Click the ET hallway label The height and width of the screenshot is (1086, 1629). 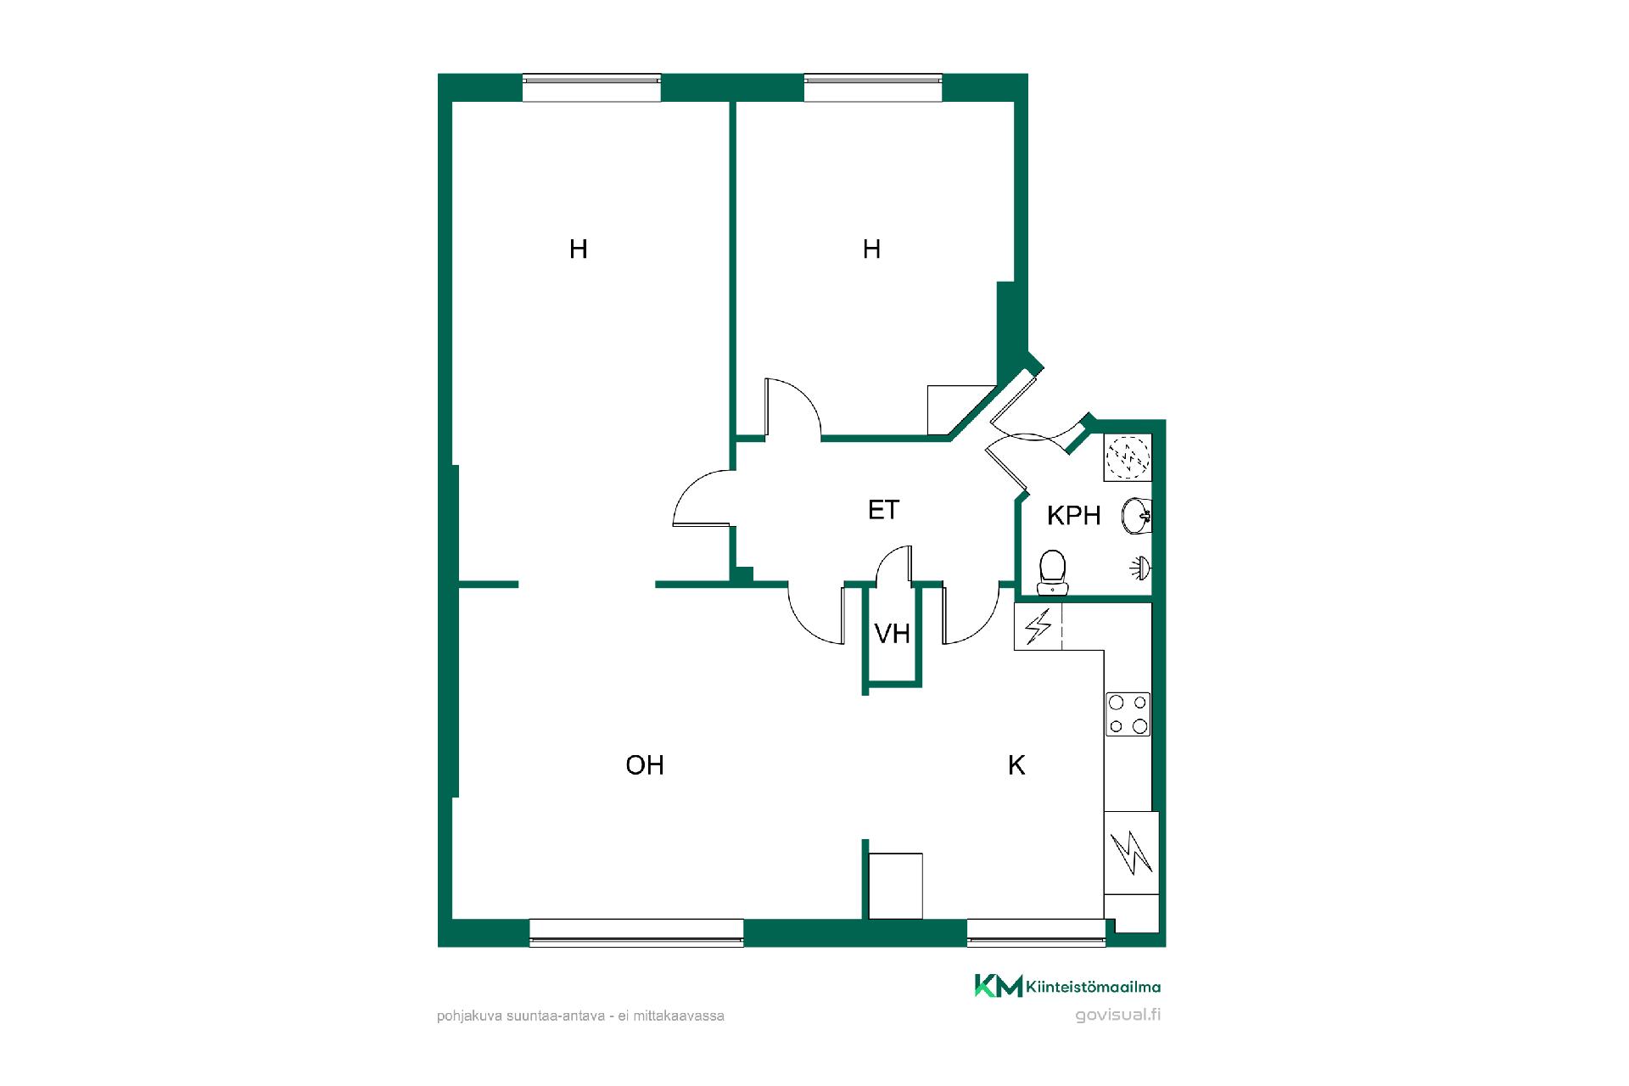(x=883, y=510)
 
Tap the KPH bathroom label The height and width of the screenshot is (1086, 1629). (x=1073, y=515)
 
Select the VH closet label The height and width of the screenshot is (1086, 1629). (x=892, y=634)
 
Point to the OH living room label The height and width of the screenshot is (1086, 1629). (x=645, y=765)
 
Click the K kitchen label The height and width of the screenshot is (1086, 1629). (x=1016, y=765)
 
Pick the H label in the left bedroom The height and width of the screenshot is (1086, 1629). (x=579, y=249)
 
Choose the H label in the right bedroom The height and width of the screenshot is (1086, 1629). (x=871, y=249)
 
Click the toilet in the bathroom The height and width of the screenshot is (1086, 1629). (x=1053, y=573)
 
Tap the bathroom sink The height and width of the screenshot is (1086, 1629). (x=1137, y=516)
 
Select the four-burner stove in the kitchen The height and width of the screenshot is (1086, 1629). (x=1128, y=714)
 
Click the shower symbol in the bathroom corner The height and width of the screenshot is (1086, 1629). (x=1128, y=457)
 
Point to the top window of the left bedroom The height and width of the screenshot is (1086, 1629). (x=591, y=88)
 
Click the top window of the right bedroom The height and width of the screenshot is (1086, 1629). (x=873, y=88)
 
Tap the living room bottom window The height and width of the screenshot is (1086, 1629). (x=636, y=932)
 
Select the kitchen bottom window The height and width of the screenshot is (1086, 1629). (x=1036, y=932)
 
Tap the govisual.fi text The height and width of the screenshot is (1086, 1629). (x=1117, y=1015)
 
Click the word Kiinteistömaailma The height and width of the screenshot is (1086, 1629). (x=1093, y=987)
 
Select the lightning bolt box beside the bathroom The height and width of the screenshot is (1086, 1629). (x=1038, y=627)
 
